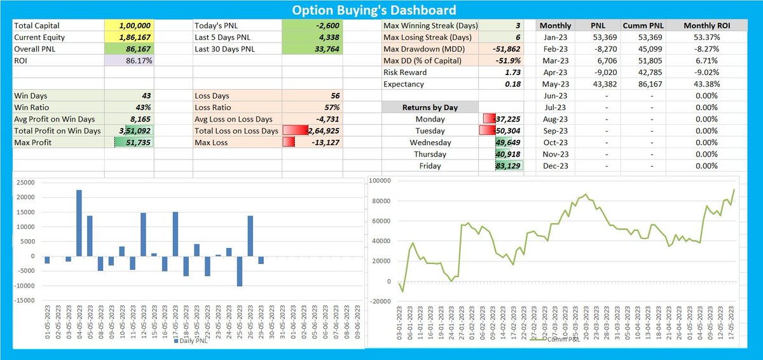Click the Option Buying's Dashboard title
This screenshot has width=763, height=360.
373,10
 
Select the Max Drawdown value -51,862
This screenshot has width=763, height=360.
502,49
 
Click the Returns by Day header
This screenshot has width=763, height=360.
430,107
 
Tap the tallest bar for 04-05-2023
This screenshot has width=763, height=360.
79,223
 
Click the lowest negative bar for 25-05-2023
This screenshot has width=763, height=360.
239,271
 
